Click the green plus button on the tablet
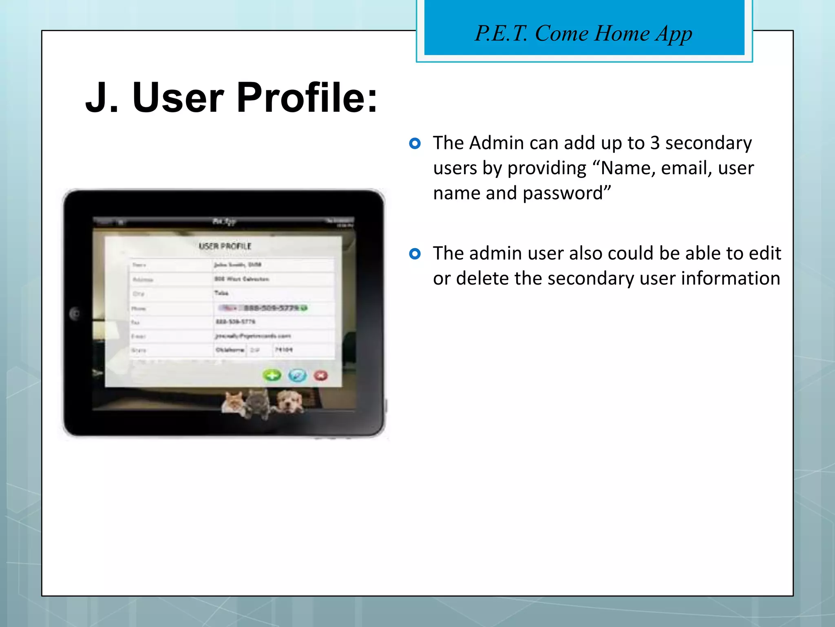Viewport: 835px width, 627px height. (272, 375)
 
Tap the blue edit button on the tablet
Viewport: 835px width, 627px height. (297, 375)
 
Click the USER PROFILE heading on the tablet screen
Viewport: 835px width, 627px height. (225, 246)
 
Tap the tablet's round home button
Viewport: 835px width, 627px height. (75, 313)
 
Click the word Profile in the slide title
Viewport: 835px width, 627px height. (307, 98)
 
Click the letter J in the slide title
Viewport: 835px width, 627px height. (97, 98)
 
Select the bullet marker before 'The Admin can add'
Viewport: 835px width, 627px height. (415, 143)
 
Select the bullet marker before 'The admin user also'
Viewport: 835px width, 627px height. (415, 254)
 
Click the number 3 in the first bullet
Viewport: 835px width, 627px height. (655, 143)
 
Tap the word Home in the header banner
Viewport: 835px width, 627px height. (622, 33)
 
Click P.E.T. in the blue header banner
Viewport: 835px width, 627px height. (501, 33)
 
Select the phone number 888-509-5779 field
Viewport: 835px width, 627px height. (271, 308)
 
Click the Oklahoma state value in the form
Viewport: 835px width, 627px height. (230, 350)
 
